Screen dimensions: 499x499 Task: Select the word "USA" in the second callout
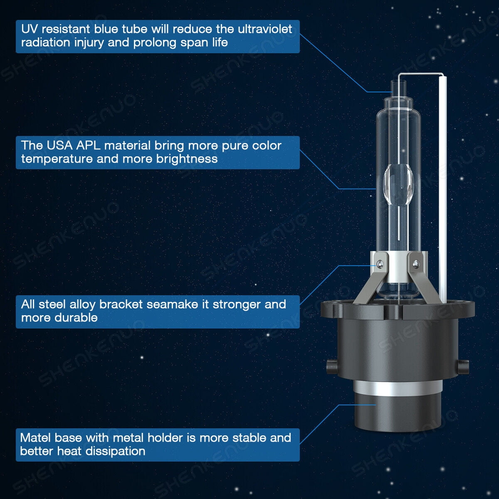59,146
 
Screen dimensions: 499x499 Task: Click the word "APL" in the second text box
88,146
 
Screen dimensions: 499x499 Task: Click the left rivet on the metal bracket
380,264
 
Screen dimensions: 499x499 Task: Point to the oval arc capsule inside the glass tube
398,185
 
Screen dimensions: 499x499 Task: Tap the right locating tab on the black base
463,366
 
